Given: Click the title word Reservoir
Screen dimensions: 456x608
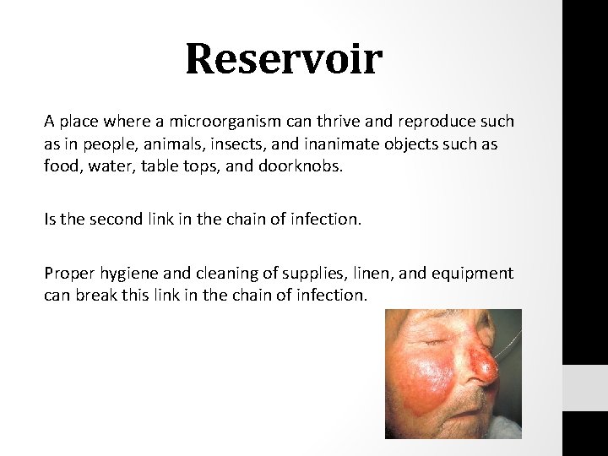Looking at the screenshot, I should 284,60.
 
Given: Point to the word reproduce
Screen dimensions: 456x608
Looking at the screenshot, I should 431,122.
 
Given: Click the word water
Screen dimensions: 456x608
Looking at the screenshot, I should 112,166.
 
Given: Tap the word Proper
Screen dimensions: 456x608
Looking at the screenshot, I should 70,274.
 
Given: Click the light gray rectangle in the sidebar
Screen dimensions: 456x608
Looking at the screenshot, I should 584,388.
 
